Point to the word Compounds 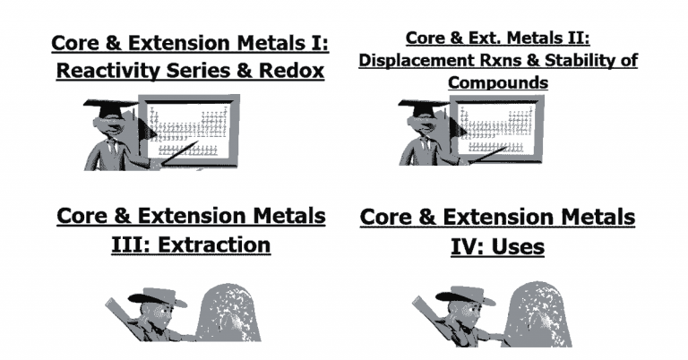point(498,82)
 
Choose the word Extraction point(214,244)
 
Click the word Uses point(518,246)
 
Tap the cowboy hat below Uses point(466,296)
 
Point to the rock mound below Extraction point(228,313)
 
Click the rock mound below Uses point(538,314)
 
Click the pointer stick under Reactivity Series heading point(180,153)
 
